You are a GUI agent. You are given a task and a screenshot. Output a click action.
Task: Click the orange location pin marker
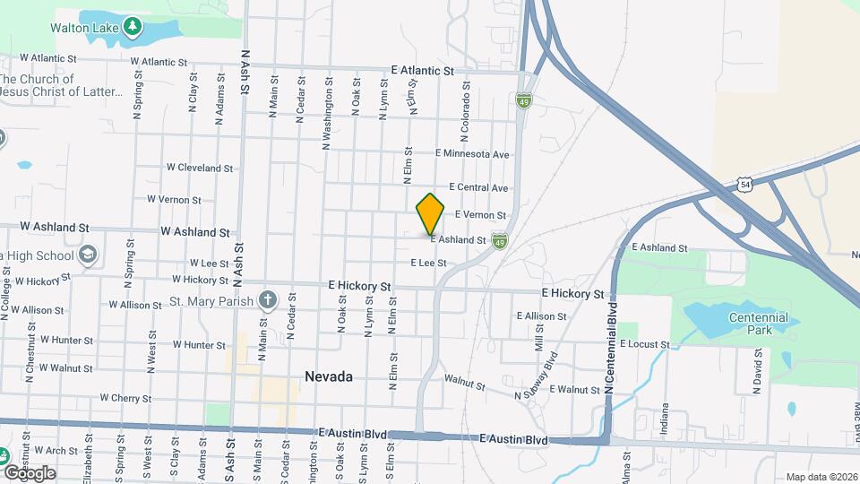pyautogui.click(x=431, y=213)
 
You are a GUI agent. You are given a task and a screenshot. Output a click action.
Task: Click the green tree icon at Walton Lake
pyautogui.click(x=133, y=26)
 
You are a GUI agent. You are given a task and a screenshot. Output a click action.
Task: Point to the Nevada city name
pyautogui.click(x=328, y=376)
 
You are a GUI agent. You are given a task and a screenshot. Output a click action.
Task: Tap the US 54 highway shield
pyautogui.click(x=744, y=184)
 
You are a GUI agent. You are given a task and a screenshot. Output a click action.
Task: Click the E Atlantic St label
pyautogui.click(x=423, y=71)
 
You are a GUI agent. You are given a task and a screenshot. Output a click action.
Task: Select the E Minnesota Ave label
pyautogui.click(x=472, y=154)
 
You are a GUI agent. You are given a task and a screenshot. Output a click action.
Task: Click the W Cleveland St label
pyautogui.click(x=199, y=168)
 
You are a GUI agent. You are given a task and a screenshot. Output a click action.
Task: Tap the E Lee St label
pyautogui.click(x=428, y=263)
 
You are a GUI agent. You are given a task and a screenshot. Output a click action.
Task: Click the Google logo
pyautogui.click(x=29, y=472)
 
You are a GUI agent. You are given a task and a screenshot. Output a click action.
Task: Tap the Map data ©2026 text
pyautogui.click(x=821, y=477)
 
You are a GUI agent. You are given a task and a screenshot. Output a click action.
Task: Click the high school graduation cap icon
pyautogui.click(x=88, y=255)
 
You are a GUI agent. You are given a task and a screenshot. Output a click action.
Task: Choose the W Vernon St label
pyautogui.click(x=173, y=199)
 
